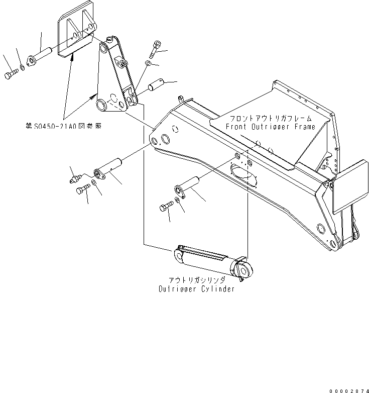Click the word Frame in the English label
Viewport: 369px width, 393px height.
[x=303, y=127]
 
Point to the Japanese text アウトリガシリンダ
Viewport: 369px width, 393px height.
[x=196, y=280]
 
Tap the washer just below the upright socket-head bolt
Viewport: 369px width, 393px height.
[x=149, y=63]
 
